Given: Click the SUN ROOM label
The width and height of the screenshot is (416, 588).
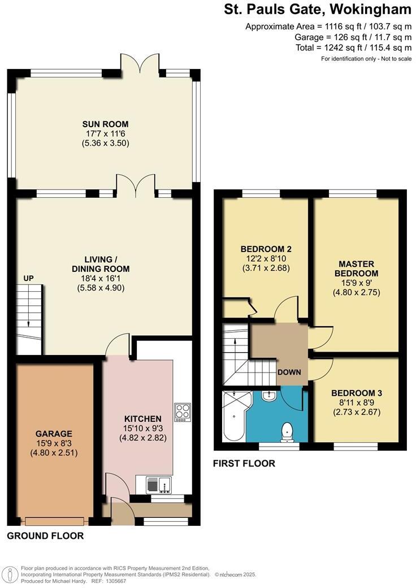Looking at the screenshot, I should pyautogui.click(x=105, y=124).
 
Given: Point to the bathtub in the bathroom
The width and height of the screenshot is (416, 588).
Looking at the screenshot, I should pyautogui.click(x=234, y=416).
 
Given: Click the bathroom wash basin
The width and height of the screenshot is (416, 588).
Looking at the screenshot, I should pyautogui.click(x=270, y=396).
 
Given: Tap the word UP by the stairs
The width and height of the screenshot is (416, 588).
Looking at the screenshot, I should pyautogui.click(x=29, y=278).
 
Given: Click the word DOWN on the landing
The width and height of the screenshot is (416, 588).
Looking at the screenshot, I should pyautogui.click(x=289, y=372).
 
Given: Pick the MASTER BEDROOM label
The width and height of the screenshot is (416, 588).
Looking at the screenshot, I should pyautogui.click(x=357, y=269).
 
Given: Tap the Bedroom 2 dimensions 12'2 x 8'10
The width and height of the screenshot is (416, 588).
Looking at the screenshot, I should pyautogui.click(x=266, y=258).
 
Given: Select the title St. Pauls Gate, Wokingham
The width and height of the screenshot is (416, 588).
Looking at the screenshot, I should pyautogui.click(x=318, y=9).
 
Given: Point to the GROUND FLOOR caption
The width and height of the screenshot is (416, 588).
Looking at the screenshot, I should pyautogui.click(x=45, y=536).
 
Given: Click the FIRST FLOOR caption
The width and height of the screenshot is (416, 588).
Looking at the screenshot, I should pyautogui.click(x=244, y=464).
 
